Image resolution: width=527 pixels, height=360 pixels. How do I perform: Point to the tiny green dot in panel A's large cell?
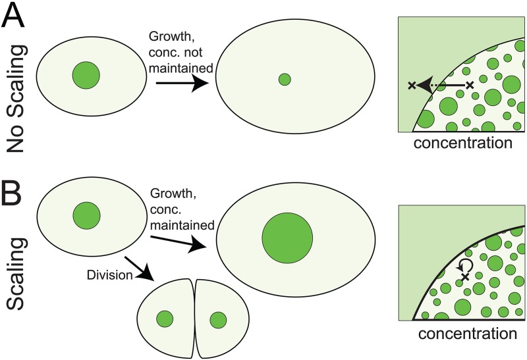(285, 80)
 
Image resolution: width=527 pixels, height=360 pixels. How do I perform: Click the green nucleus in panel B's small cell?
(86, 215)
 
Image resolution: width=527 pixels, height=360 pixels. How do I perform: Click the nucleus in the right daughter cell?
(217, 321)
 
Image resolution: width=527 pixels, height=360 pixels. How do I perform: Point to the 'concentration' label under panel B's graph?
(459, 332)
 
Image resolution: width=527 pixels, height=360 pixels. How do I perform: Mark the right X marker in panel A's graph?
(470, 85)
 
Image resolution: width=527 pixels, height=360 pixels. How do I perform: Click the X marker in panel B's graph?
(466, 278)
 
